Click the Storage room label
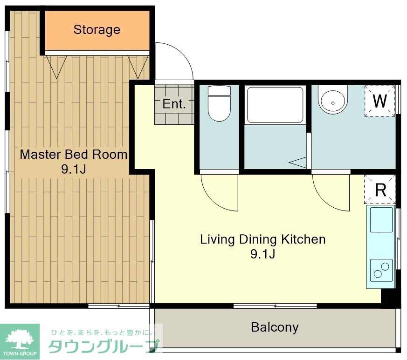(x=97, y=30)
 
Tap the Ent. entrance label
(x=173, y=104)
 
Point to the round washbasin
(x=332, y=100)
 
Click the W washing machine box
(x=380, y=101)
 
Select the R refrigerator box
(x=380, y=190)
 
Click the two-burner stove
(x=381, y=270)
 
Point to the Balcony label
(x=275, y=327)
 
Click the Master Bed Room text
(x=73, y=154)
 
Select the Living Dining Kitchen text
(x=262, y=239)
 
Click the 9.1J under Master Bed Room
(x=73, y=169)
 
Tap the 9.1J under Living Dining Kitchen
(x=262, y=254)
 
